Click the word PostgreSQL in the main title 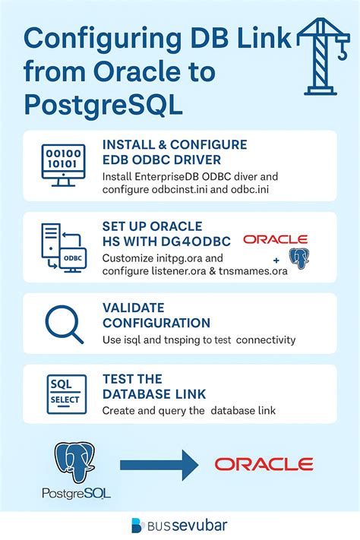coord(103,104)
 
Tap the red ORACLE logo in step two coord(275,238)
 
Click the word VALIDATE coord(133,308)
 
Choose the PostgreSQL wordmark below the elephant coord(76,494)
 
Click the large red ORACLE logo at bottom coord(264,463)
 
